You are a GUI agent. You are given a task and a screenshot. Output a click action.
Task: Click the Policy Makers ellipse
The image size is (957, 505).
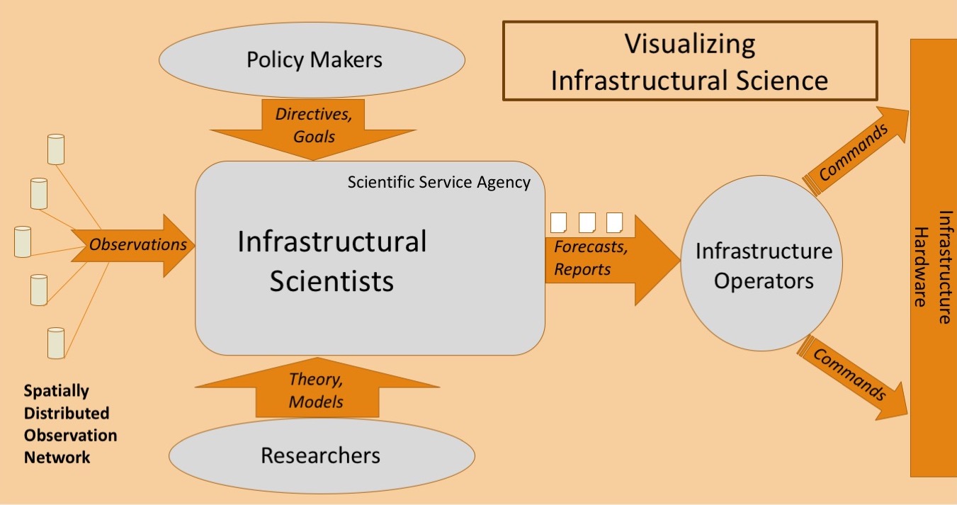point(312,59)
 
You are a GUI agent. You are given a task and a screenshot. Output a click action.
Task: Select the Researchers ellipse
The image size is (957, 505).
point(320,454)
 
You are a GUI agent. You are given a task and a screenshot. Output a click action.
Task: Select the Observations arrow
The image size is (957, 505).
point(135,245)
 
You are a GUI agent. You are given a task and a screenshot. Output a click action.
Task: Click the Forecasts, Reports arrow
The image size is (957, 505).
point(609,259)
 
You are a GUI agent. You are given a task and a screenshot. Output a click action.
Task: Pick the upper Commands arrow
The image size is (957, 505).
point(858,151)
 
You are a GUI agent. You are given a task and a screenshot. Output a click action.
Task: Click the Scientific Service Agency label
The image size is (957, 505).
point(438,182)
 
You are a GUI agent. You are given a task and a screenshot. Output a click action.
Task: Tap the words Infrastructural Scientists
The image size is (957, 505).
point(332,261)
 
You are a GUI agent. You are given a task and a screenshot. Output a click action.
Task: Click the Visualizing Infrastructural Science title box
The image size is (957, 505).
point(689,62)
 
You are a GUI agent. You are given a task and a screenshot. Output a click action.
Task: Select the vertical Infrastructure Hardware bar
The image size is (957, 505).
point(931,258)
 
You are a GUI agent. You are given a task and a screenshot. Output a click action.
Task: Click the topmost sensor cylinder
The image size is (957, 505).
point(55,148)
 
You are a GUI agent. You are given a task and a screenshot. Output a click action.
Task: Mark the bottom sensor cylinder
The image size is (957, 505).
point(56,343)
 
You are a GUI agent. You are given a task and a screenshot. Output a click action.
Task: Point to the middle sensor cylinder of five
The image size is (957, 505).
point(23,242)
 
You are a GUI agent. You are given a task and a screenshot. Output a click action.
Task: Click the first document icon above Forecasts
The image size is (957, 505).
point(559,222)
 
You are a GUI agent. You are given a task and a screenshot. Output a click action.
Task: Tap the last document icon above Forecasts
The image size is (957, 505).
point(614,222)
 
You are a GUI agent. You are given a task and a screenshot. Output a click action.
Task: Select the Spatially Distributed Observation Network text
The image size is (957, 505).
point(70,424)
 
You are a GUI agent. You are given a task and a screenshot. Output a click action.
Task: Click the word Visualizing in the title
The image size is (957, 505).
point(689,44)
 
